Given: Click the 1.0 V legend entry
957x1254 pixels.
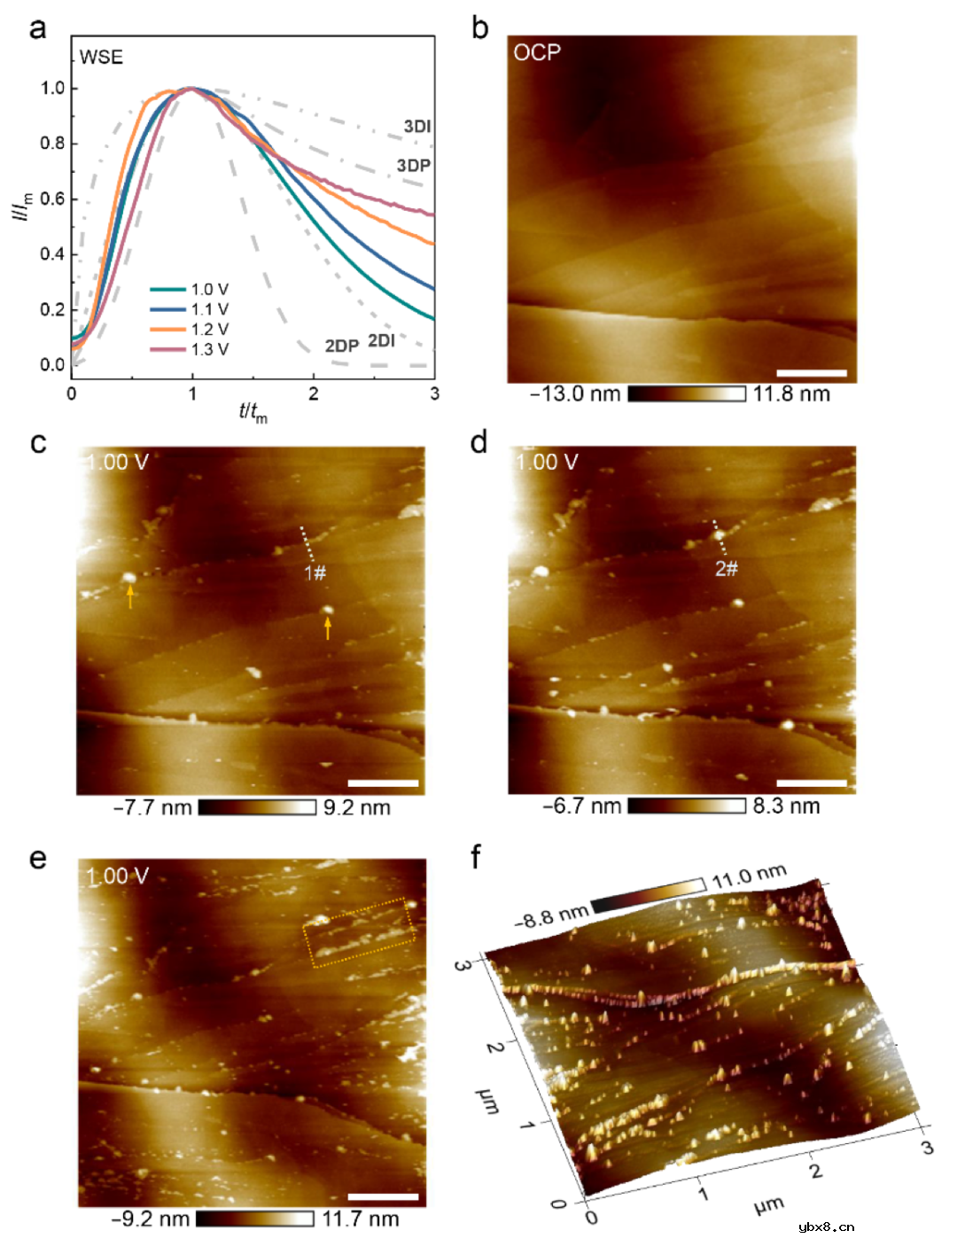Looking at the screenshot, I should click(x=209, y=289).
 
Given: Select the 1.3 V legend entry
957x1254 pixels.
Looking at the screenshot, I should click(x=209, y=349).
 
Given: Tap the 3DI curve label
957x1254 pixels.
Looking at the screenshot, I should click(x=416, y=127).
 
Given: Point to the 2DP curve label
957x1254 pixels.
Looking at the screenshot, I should click(x=341, y=346).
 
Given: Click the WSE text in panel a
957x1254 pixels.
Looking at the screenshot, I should click(x=101, y=58).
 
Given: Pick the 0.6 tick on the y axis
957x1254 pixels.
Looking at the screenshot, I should click(x=52, y=199).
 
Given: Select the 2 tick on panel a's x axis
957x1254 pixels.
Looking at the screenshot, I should click(x=313, y=393).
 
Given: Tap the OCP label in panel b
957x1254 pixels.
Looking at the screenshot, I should click(x=537, y=52).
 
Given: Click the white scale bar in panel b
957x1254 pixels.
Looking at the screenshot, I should click(x=811, y=373).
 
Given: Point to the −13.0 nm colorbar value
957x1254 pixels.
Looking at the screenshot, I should click(x=575, y=394).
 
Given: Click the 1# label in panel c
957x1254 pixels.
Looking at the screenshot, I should click(x=315, y=573).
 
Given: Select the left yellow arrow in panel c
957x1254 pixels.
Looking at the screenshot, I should click(x=130, y=598).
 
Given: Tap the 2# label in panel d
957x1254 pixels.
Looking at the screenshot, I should click(x=727, y=568).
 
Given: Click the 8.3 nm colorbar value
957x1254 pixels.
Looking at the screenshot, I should click(x=786, y=806).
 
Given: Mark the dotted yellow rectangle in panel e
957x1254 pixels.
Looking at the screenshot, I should click(x=360, y=932).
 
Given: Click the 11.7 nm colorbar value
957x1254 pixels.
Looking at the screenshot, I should click(x=360, y=1219).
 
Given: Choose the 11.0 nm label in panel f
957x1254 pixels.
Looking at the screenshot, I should click(x=749, y=876).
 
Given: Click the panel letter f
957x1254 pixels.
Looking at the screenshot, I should click(x=476, y=856).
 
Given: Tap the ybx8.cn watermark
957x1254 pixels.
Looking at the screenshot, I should click(x=826, y=1227).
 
